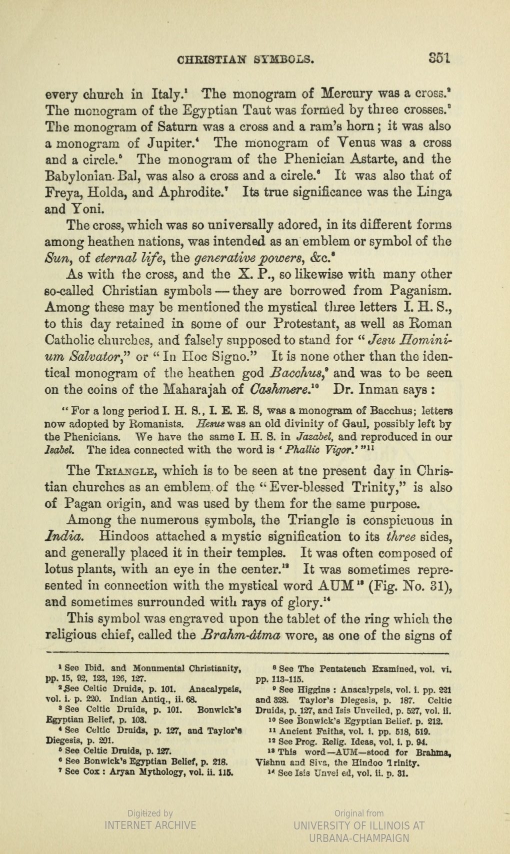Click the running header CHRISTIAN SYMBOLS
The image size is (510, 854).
click(x=246, y=61)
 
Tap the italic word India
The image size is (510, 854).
click(x=64, y=537)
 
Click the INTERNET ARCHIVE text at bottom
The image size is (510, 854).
click(x=150, y=824)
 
